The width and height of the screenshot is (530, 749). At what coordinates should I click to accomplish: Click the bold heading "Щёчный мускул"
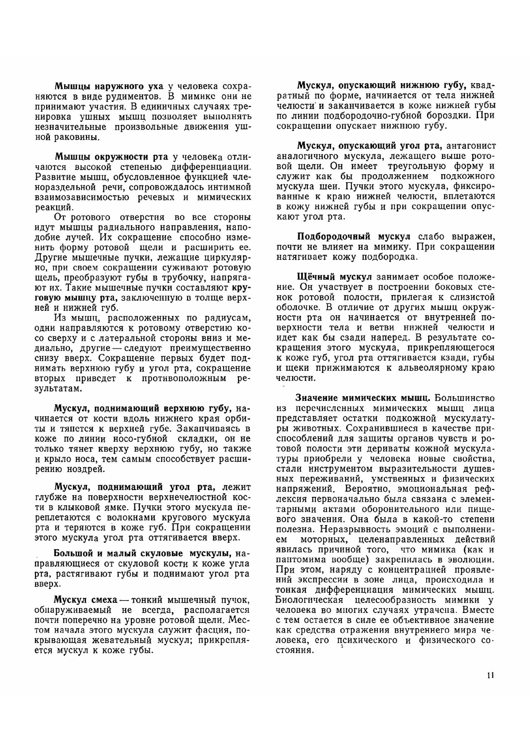[x=335, y=277]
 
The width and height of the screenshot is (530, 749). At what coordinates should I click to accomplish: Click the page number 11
[x=490, y=675]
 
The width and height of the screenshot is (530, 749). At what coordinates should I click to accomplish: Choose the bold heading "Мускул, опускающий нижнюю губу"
[x=381, y=86]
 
